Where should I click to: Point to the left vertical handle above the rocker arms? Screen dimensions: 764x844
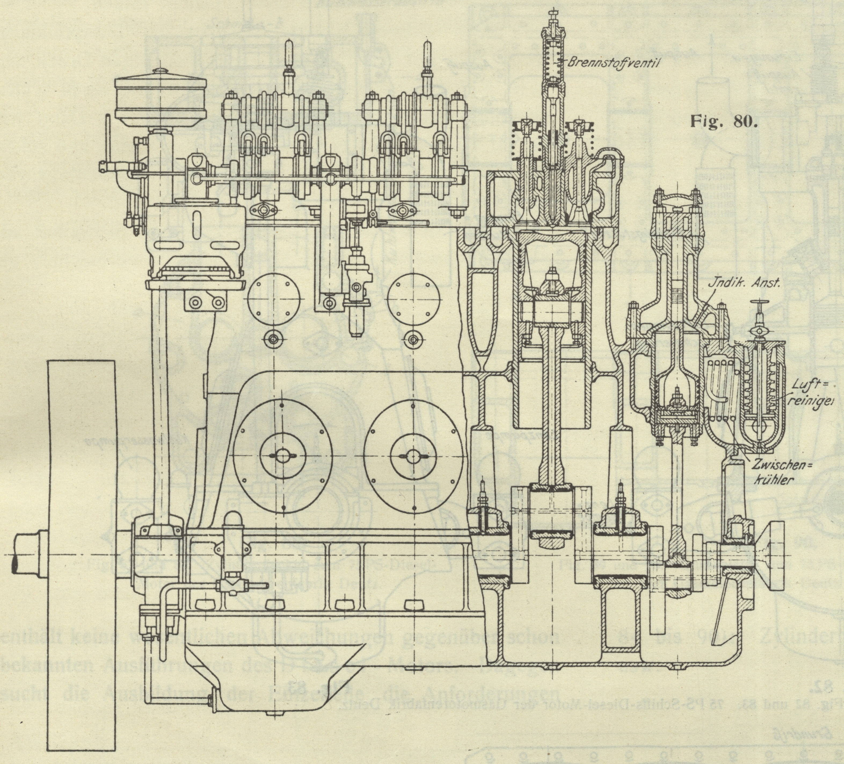pyautogui.click(x=289, y=63)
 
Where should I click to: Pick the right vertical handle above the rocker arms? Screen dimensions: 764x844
pyautogui.click(x=427, y=63)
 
